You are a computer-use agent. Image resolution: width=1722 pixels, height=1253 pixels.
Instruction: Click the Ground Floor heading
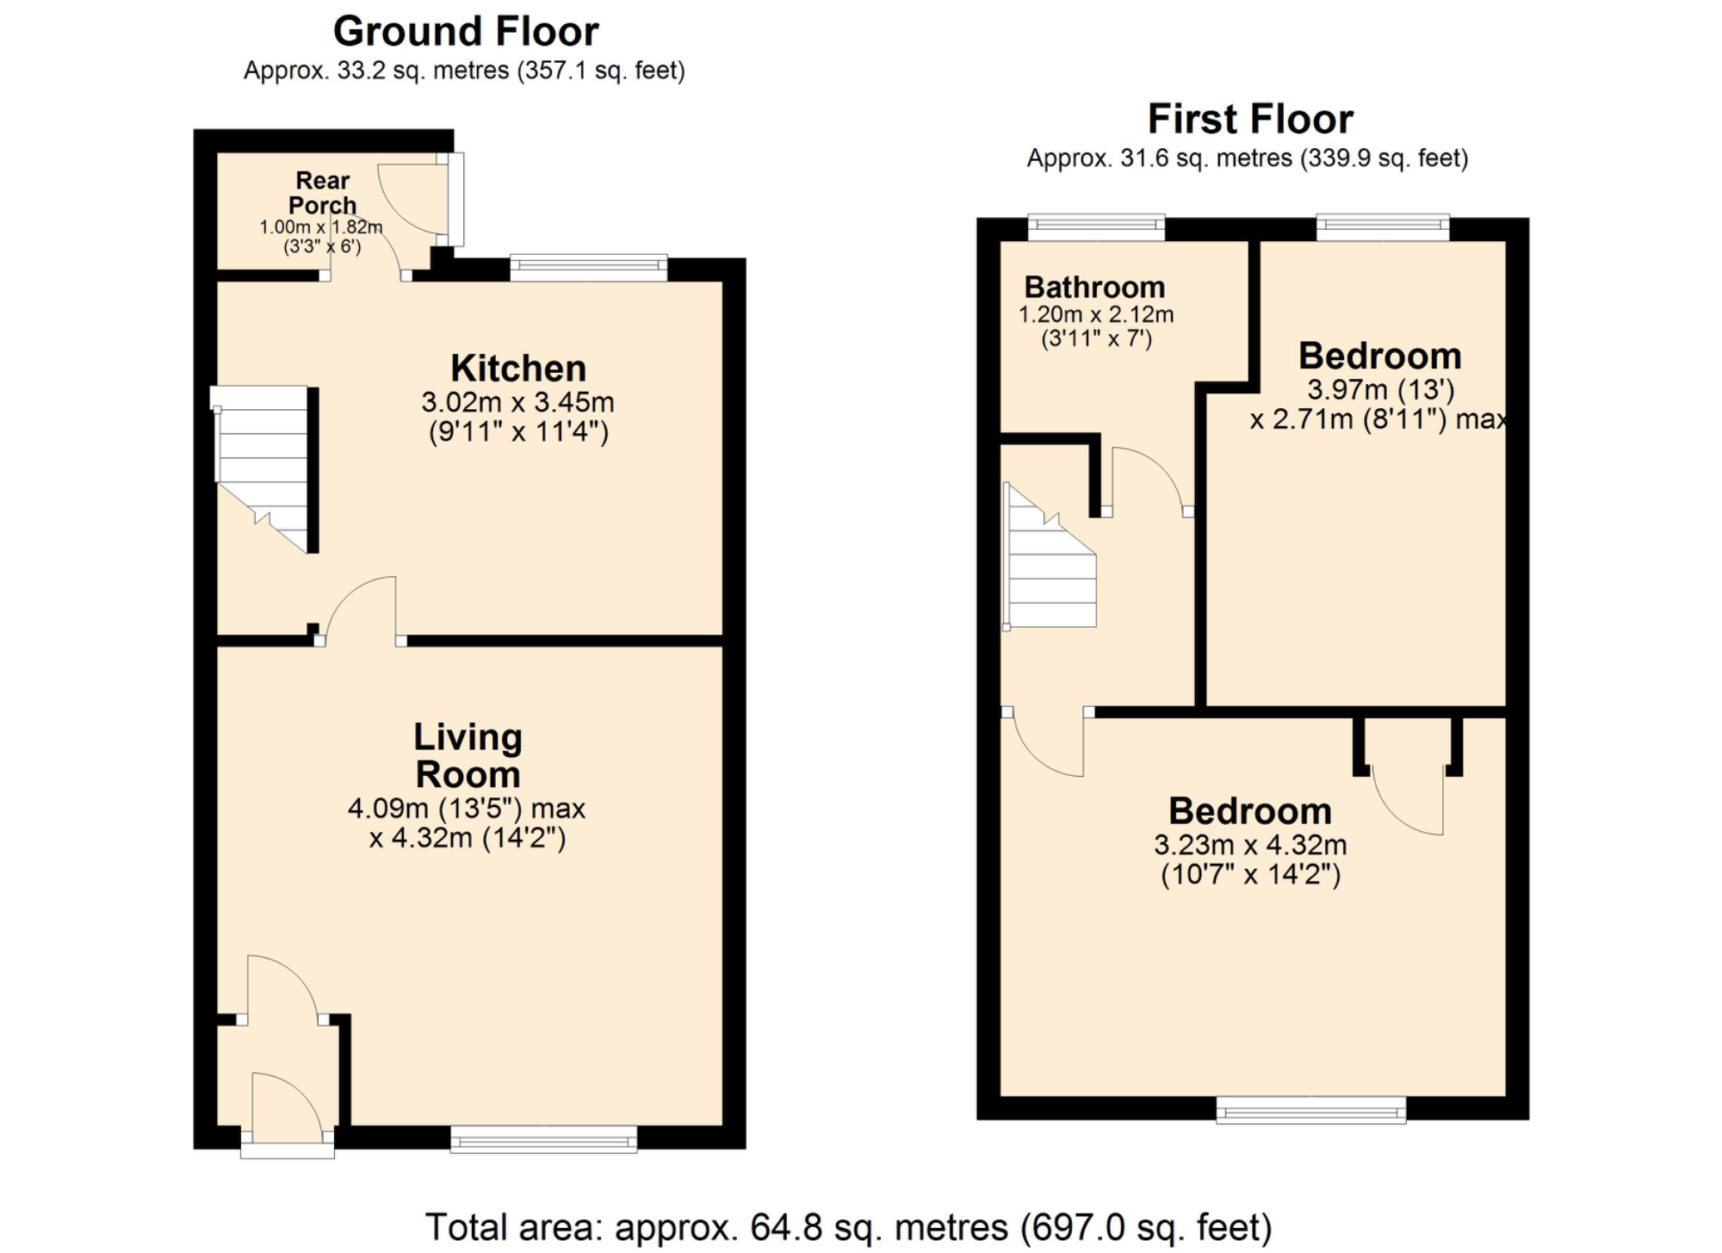tap(465, 32)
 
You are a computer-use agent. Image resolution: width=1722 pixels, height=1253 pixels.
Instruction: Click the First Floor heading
tap(1249, 119)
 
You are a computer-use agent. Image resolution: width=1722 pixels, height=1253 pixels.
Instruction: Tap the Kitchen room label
tap(518, 369)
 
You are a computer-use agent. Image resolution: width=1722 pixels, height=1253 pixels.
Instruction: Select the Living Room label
tap(468, 756)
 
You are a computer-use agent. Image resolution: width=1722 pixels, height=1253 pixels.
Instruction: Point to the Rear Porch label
tap(322, 193)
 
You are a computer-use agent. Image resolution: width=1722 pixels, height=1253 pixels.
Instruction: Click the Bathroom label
tap(1094, 287)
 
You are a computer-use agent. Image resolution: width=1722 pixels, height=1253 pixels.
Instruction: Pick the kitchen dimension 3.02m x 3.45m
tap(517, 402)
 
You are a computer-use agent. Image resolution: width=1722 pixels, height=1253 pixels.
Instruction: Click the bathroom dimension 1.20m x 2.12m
tap(1096, 314)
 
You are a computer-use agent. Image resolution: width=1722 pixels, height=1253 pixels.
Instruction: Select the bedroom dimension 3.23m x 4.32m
tap(1250, 845)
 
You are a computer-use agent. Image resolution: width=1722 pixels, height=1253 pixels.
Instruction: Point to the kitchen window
tap(588, 267)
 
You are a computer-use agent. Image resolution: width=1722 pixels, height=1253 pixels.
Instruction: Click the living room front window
tap(544, 1139)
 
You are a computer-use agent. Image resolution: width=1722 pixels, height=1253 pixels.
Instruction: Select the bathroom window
tap(1096, 227)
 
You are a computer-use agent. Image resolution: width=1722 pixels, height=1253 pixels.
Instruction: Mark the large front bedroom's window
tap(1310, 1110)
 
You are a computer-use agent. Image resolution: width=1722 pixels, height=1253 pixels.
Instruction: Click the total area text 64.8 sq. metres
tap(848, 1227)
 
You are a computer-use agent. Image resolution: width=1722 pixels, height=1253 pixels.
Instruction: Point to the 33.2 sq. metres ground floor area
tap(375, 71)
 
